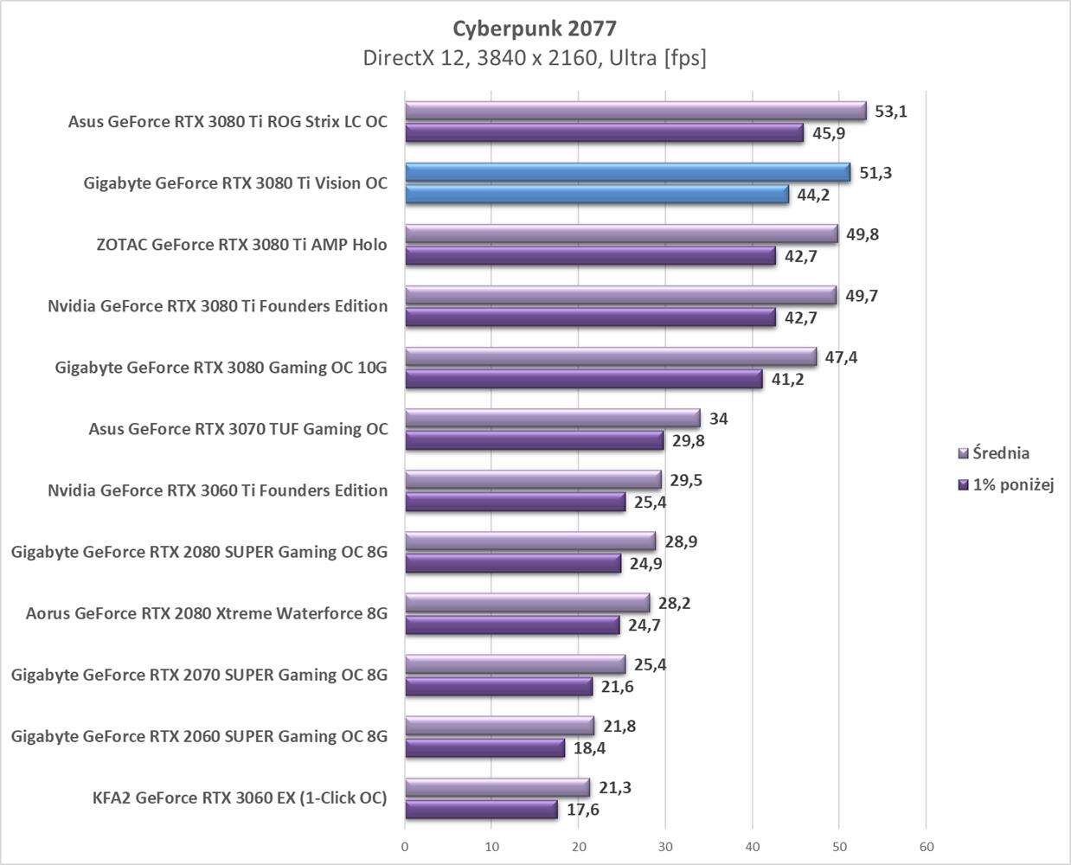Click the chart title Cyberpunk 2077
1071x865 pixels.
tap(535, 29)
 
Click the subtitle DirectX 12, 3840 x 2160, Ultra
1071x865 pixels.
tap(535, 58)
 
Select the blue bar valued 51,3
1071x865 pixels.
tap(627, 172)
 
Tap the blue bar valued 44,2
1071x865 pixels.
tap(597, 194)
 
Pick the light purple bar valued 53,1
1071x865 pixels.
tap(635, 111)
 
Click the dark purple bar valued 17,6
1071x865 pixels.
tap(481, 810)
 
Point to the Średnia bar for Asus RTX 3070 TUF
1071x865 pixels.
tap(552, 419)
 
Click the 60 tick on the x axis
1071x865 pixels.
tap(926, 846)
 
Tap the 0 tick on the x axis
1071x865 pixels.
tap(405, 846)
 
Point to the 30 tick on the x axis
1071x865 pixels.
tap(665, 846)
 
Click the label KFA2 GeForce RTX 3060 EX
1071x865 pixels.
tap(240, 798)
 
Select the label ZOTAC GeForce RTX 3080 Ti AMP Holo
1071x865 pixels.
tap(242, 245)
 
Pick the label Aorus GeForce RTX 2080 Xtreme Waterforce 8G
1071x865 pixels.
tap(207, 613)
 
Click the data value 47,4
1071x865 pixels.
tap(841, 357)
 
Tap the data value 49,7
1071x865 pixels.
tap(862, 296)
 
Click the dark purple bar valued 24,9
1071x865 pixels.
tap(513, 564)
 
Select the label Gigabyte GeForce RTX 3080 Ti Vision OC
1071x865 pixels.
tap(235, 183)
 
